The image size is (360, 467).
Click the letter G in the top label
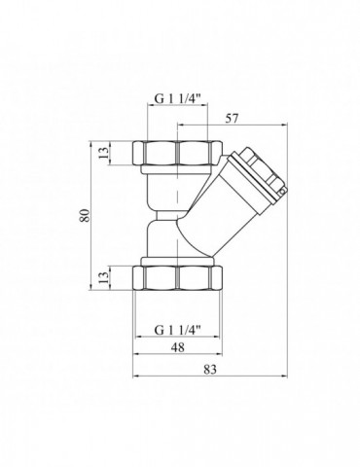point(157,97)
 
